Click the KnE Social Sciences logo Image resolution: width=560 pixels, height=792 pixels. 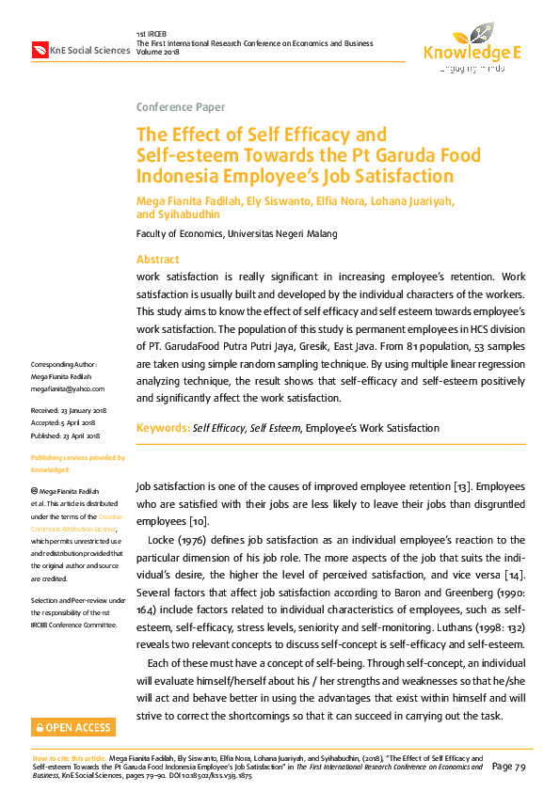click(x=80, y=49)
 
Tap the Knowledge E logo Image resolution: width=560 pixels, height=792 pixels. click(x=471, y=47)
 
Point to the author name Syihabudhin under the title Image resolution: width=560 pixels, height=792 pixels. click(x=188, y=214)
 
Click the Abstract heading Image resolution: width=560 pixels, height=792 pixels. click(x=158, y=260)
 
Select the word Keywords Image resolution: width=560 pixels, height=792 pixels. click(x=162, y=428)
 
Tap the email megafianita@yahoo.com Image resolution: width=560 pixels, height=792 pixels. click(x=68, y=388)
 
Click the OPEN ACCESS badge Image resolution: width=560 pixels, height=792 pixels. click(x=73, y=727)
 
